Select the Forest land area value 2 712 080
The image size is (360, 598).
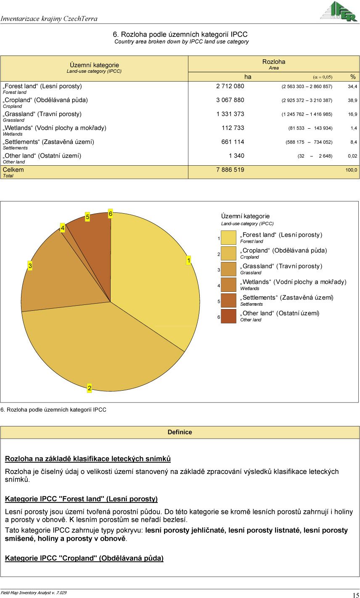pyautogui.click(x=230, y=86)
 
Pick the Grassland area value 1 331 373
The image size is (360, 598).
pyautogui.click(x=230, y=114)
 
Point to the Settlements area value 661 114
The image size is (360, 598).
pyautogui.click(x=233, y=142)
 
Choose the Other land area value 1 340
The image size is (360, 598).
pyautogui.click(x=236, y=156)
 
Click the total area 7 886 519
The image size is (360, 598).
pyautogui.click(x=230, y=170)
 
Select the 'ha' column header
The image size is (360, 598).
pyautogui.click(x=248, y=77)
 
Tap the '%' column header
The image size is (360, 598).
pyautogui.click(x=353, y=77)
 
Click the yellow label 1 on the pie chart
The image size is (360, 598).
pyautogui.click(x=189, y=261)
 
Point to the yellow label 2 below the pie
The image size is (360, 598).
pyautogui.click(x=90, y=388)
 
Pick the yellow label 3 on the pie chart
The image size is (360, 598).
pyautogui.click(x=30, y=266)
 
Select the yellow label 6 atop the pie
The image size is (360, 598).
pyautogui.click(x=110, y=214)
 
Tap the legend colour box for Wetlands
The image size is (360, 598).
pyautogui.click(x=228, y=285)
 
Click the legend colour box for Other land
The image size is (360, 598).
pyautogui.click(x=228, y=316)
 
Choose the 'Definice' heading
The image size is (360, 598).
pyautogui.click(x=180, y=432)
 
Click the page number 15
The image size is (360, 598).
pyautogui.click(x=355, y=595)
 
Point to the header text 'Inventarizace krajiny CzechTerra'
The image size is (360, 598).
pyautogui.click(x=49, y=19)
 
